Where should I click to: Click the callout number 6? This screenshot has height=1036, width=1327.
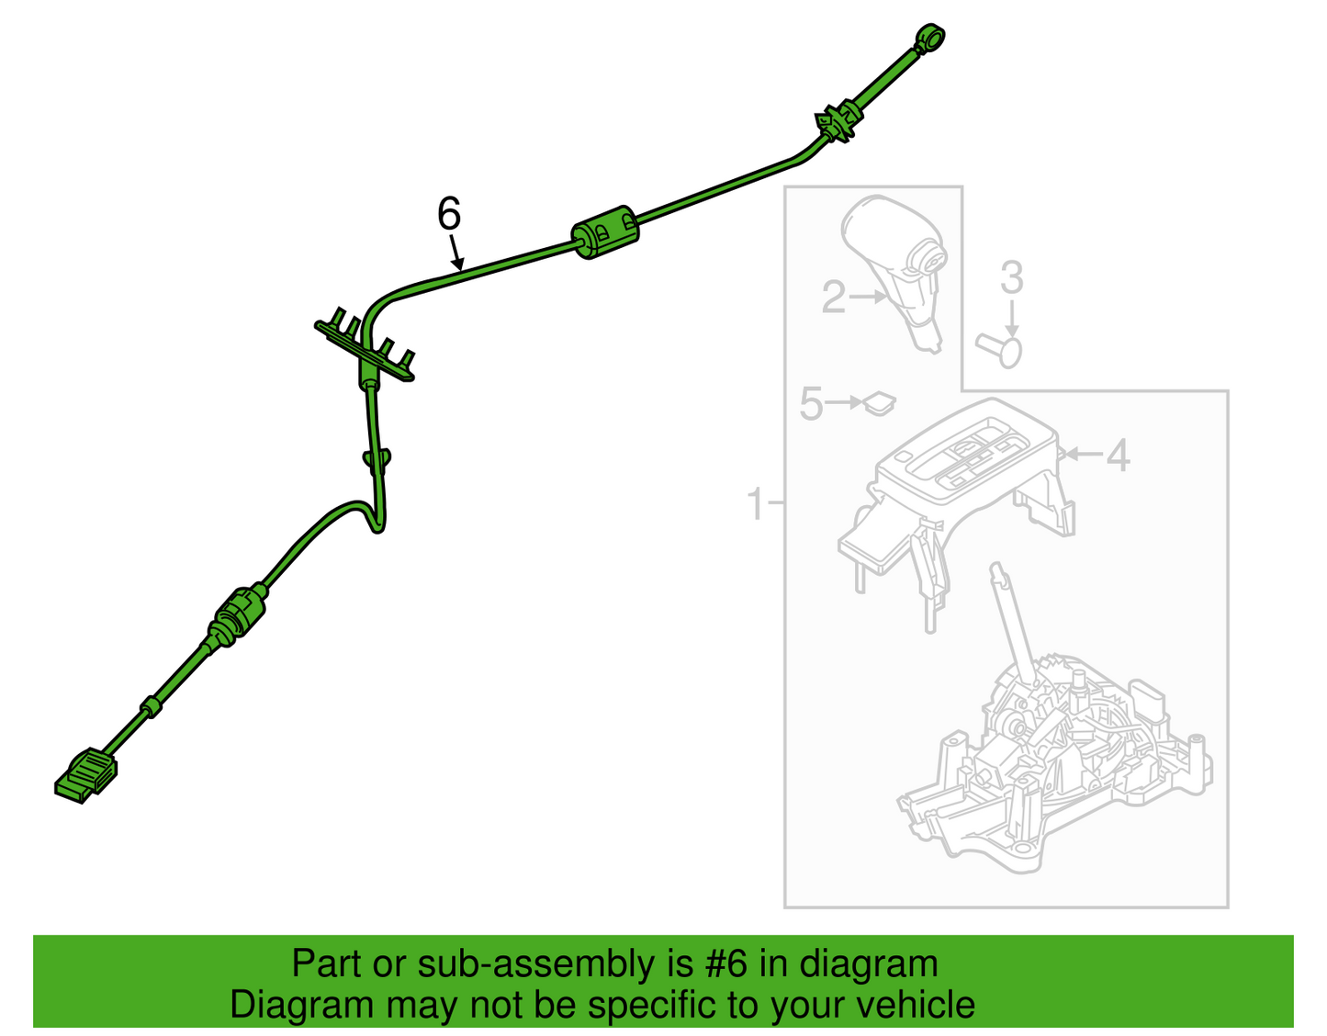click(x=449, y=214)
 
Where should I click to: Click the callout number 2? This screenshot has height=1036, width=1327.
click(x=834, y=298)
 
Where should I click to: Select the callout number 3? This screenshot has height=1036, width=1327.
click(x=1011, y=277)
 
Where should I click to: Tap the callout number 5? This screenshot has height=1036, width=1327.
click(x=812, y=403)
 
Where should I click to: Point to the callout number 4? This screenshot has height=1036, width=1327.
click(x=1118, y=456)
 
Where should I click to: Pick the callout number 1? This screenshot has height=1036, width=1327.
click(x=756, y=503)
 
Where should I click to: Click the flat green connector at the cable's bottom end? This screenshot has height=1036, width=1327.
click(x=86, y=774)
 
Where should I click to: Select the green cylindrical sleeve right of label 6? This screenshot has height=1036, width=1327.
click(x=604, y=232)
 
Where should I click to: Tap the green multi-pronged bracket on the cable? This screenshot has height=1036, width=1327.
click(x=365, y=347)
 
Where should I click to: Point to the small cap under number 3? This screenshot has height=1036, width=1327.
click(x=999, y=351)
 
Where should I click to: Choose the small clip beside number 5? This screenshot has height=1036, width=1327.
click(x=879, y=402)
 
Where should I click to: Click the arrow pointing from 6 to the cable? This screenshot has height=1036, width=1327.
click(x=456, y=253)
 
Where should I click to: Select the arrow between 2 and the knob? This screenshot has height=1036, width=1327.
click(x=868, y=297)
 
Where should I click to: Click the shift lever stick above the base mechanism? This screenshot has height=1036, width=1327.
click(x=1013, y=623)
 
